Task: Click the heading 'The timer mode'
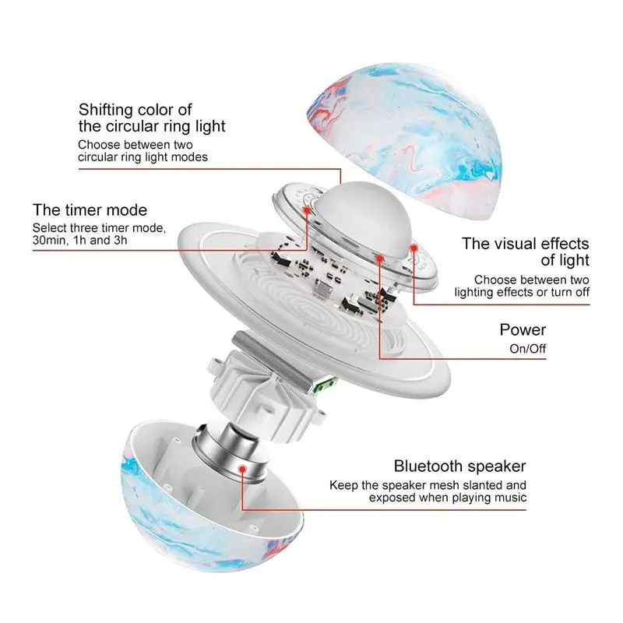(x=90, y=210)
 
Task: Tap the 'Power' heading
(x=523, y=329)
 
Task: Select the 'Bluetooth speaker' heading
(x=459, y=466)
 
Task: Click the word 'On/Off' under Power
(x=527, y=348)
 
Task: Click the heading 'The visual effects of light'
(x=526, y=252)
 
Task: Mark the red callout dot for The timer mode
(x=308, y=211)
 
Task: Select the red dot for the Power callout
(x=379, y=256)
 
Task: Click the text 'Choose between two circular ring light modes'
(x=143, y=151)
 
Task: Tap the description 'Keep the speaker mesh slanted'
(x=428, y=485)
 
